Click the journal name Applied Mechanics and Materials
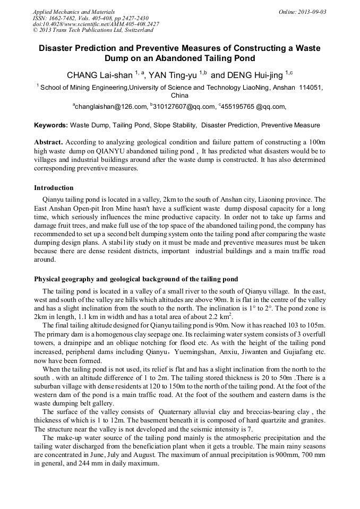(x=67, y=12)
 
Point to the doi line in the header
(x=96, y=24)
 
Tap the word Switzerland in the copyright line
(x=135, y=31)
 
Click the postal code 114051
(x=311, y=87)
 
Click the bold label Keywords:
(x=51, y=126)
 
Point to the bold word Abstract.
(x=49, y=143)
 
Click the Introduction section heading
(x=54, y=188)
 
